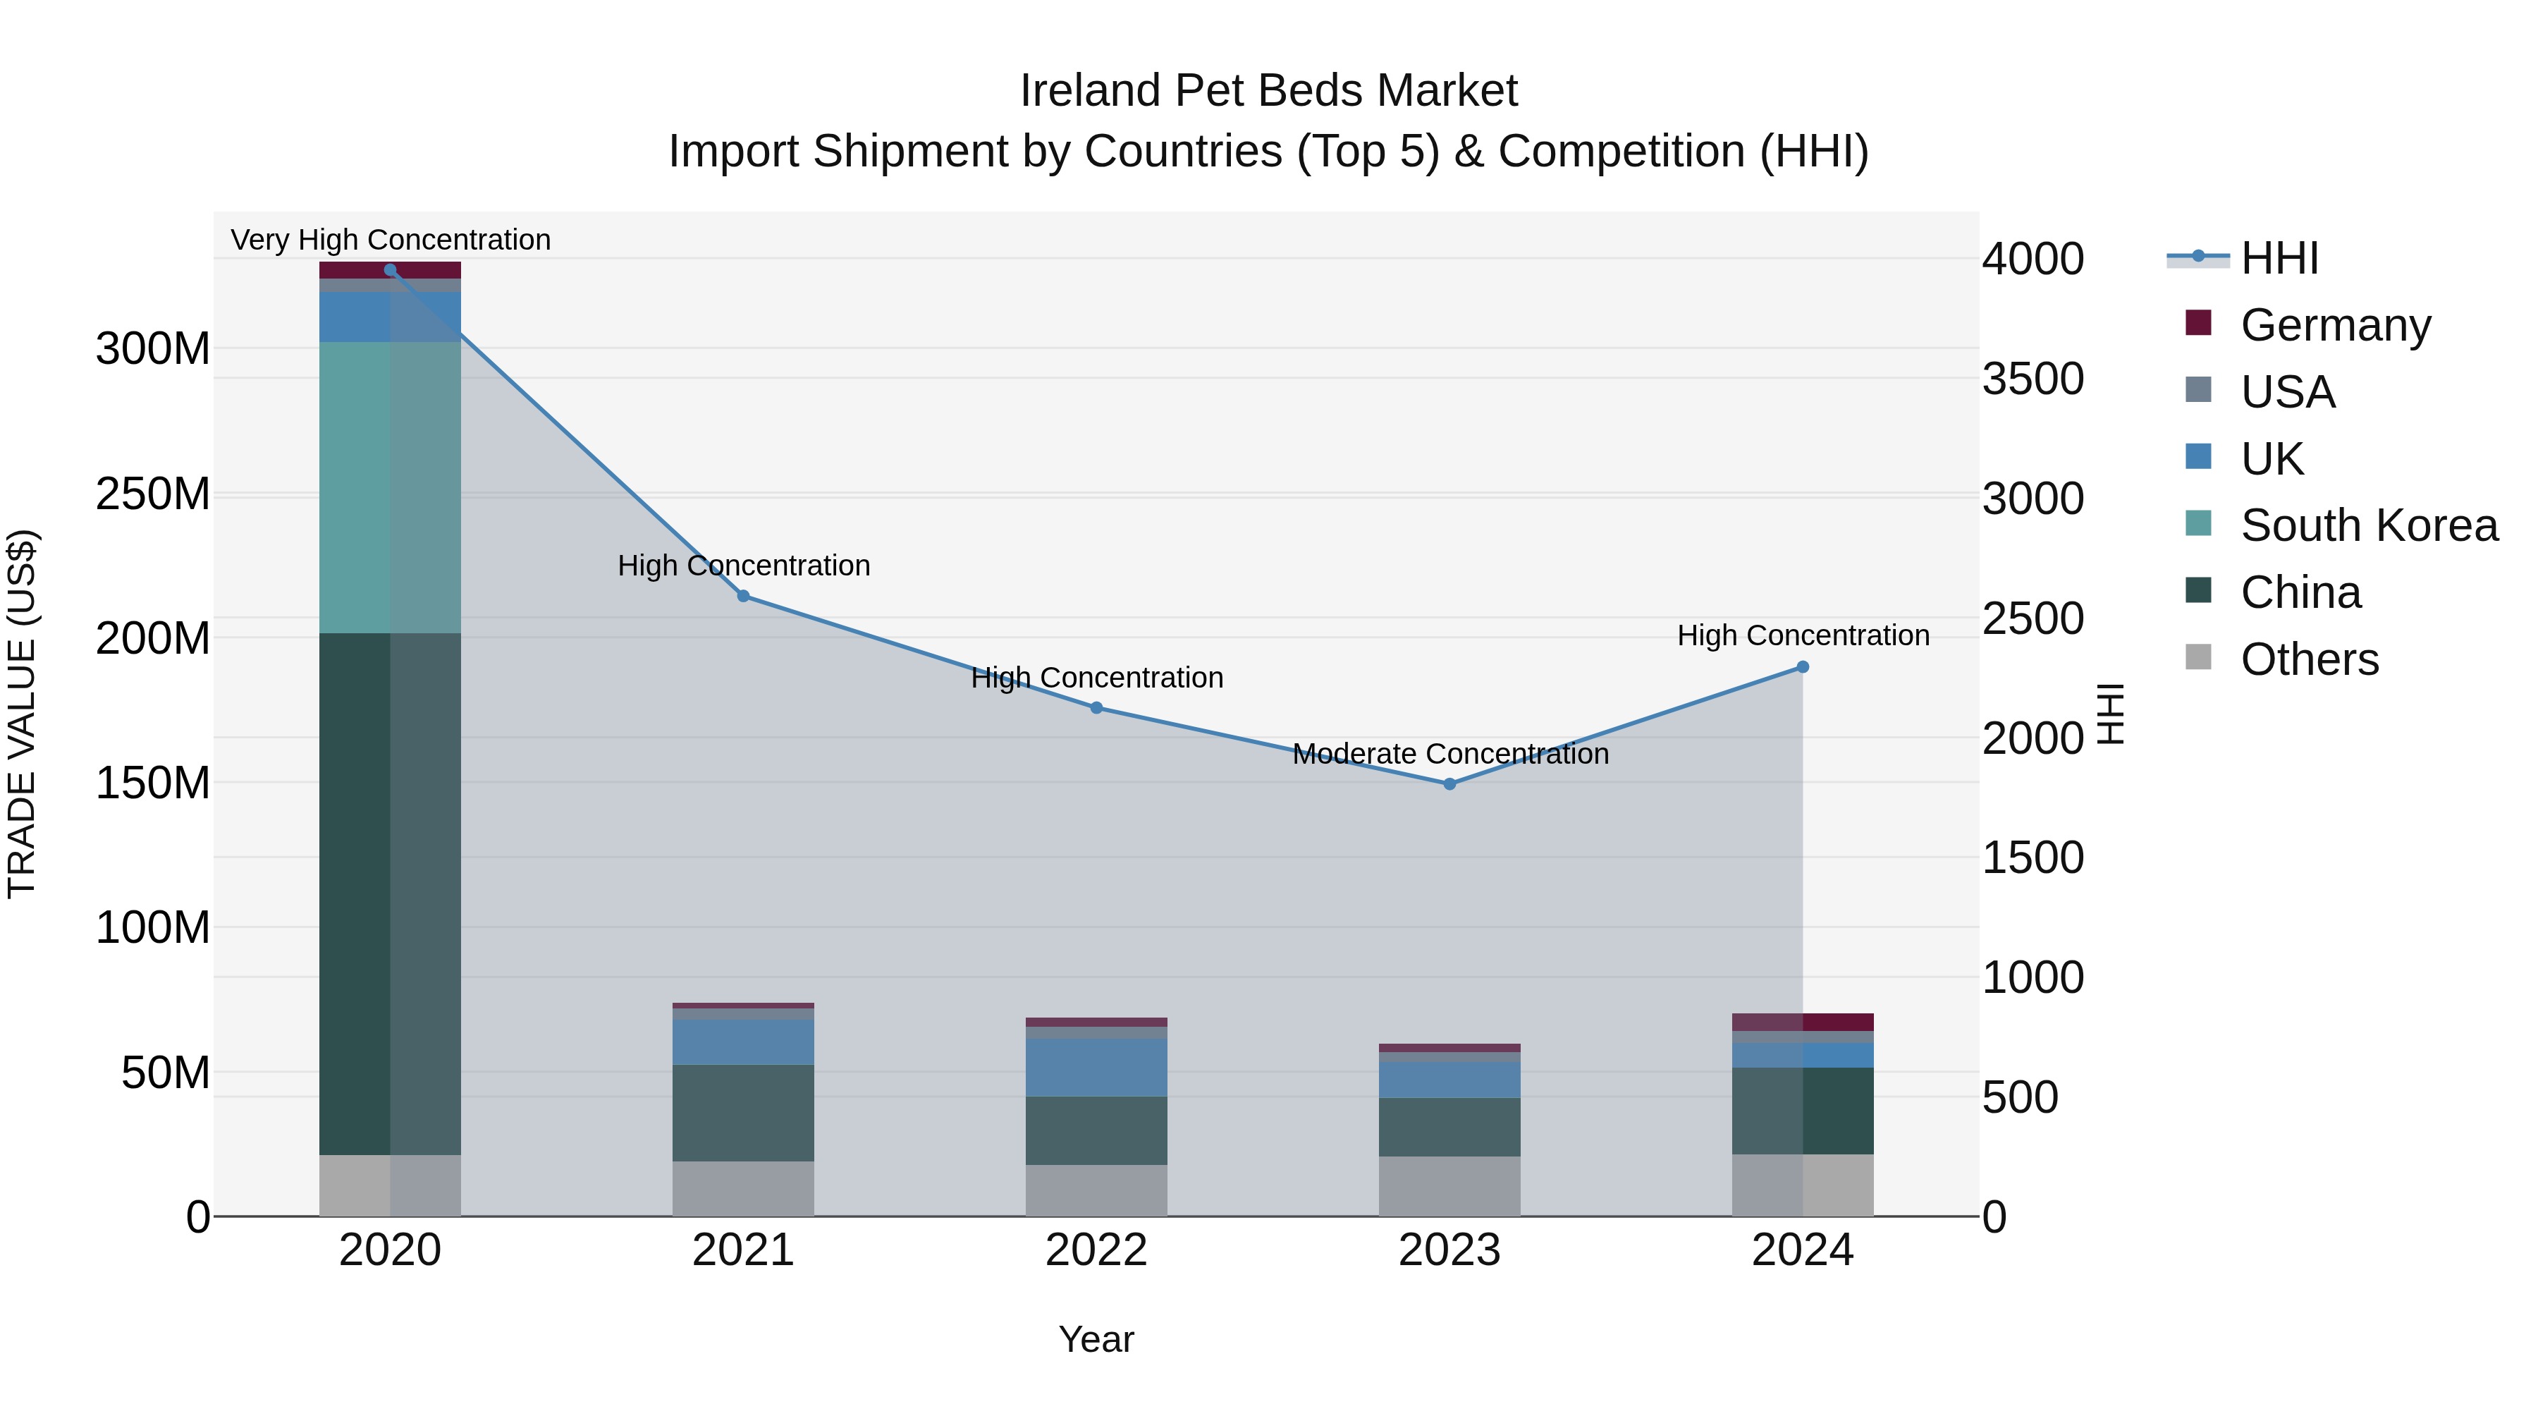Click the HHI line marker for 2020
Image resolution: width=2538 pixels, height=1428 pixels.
390,270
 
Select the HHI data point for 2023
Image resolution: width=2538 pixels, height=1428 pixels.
1449,784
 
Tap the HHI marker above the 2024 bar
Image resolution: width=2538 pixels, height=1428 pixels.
1803,667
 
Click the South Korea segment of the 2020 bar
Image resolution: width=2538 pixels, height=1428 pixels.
390,488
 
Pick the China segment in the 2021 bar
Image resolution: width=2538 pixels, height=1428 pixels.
743,1113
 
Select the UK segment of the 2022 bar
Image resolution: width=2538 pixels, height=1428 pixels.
1096,1068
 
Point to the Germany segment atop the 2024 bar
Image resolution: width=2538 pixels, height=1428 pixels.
1803,1022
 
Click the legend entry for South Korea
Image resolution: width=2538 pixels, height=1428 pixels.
2369,525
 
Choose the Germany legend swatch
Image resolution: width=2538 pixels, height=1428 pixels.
2199,323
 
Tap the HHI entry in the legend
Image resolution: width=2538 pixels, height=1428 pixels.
2279,258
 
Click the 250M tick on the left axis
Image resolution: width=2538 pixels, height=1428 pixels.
153,494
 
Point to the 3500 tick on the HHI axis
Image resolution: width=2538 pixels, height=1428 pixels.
2033,379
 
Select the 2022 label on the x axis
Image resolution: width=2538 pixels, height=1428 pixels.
1096,1250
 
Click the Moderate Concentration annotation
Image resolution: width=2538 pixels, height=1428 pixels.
1450,754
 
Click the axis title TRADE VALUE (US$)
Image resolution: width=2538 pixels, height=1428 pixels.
22,714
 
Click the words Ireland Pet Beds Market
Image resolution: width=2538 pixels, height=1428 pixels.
1268,91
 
